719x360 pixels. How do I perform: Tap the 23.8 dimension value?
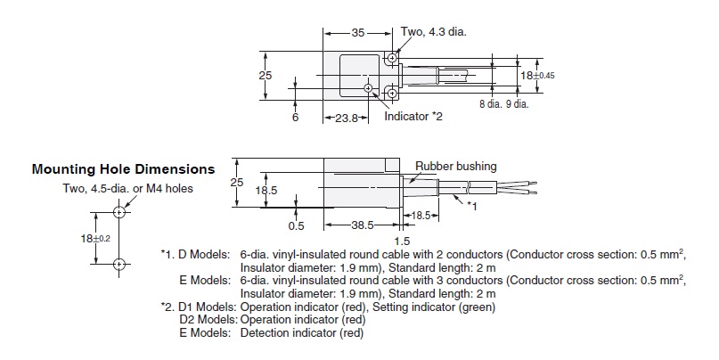pos(339,117)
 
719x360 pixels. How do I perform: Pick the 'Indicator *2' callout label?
pos(413,117)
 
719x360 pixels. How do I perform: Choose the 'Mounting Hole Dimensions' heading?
pos(123,168)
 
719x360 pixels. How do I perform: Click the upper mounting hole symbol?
pos(118,212)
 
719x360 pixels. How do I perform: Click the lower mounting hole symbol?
pos(118,265)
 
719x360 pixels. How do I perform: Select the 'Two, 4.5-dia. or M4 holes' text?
pos(128,188)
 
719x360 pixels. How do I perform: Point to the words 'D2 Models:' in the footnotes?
pos(206,320)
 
